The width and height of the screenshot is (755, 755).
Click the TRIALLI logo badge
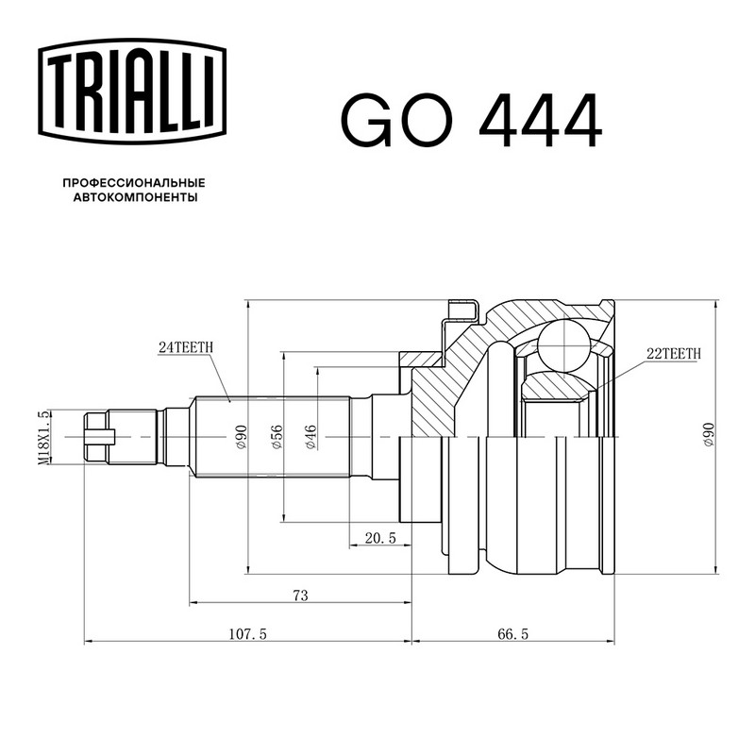(x=132, y=92)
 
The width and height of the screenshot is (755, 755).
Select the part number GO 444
(x=471, y=120)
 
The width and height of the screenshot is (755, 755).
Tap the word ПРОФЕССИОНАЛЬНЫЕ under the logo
(x=134, y=183)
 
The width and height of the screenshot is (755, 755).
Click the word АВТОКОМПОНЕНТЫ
(x=135, y=197)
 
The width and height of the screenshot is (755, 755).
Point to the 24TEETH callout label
(x=186, y=347)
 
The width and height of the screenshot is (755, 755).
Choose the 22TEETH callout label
(x=674, y=354)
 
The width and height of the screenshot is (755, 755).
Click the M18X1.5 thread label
(x=43, y=437)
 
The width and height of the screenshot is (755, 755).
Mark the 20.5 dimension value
(x=380, y=538)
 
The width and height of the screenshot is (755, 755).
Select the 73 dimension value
(x=300, y=596)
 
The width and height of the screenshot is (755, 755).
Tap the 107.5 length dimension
(x=247, y=634)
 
